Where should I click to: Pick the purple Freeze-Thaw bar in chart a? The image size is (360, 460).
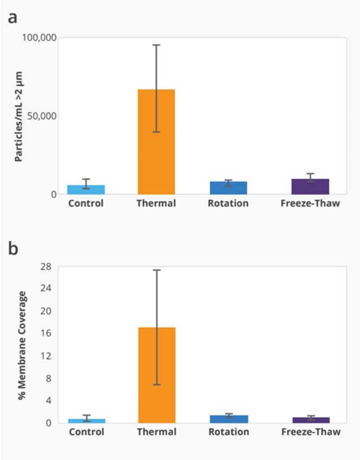[310, 186]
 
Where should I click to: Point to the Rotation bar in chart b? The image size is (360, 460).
[229, 419]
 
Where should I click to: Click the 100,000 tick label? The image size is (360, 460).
[39, 38]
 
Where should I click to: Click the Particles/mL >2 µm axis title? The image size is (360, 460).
[19, 116]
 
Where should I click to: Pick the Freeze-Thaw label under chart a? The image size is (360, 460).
[310, 203]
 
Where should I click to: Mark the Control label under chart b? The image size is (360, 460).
[86, 432]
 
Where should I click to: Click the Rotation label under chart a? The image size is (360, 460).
[228, 203]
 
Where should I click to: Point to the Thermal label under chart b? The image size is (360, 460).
[156, 432]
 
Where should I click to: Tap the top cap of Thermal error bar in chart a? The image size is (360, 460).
[156, 45]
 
